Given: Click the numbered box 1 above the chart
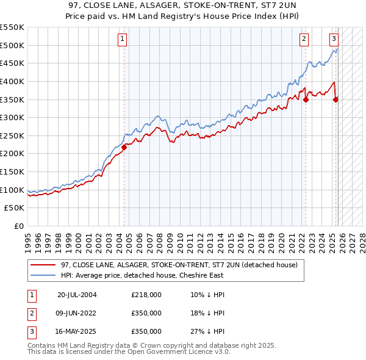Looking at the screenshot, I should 123,39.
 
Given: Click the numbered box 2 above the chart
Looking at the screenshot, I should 304,39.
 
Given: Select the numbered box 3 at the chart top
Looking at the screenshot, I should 334,39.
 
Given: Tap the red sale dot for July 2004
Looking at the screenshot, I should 124,146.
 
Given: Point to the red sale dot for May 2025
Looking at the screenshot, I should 335,100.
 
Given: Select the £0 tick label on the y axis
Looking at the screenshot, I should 20,226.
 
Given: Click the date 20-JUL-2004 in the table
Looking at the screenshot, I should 77,295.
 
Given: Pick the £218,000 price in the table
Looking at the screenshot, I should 146,295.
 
